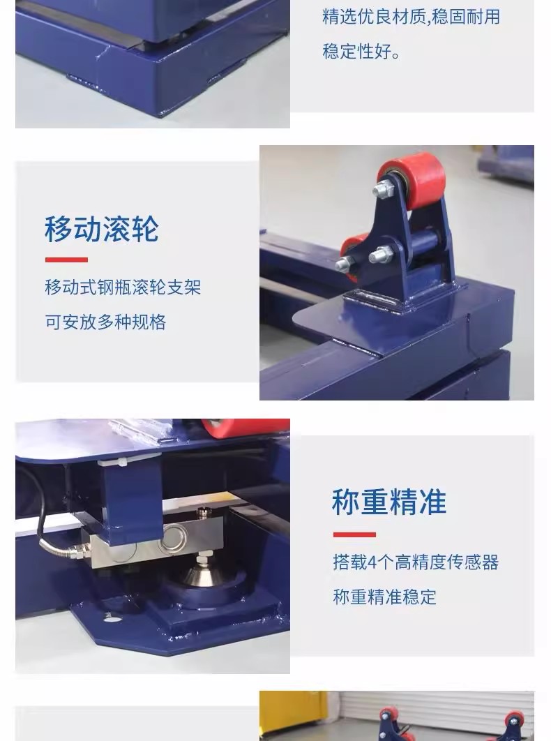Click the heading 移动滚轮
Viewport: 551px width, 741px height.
pyautogui.click(x=102, y=229)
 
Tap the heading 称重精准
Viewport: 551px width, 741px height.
pyautogui.click(x=389, y=502)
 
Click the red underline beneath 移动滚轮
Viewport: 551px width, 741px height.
pyautogui.click(x=67, y=260)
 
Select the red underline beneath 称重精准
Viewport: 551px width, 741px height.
pyautogui.click(x=354, y=534)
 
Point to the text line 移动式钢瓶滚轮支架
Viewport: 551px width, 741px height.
pyautogui.click(x=123, y=287)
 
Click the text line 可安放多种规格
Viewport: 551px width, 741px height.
pyautogui.click(x=105, y=322)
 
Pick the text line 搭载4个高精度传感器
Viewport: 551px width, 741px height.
pyautogui.click(x=416, y=562)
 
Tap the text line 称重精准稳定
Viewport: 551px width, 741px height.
pyautogui.click(x=385, y=597)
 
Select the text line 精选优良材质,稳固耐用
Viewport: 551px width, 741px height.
pyautogui.click(x=411, y=17)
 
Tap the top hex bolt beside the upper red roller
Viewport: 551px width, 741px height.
pyautogui.click(x=384, y=188)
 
